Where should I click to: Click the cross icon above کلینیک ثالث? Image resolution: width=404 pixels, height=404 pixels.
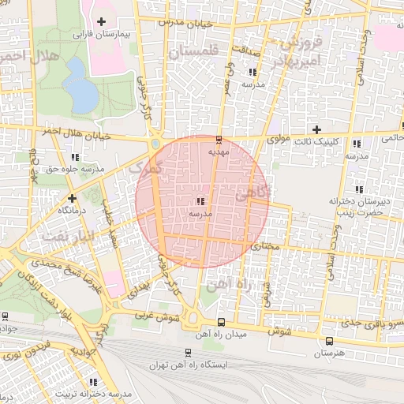(x=316, y=129)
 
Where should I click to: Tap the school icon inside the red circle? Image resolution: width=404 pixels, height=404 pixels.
(x=198, y=202)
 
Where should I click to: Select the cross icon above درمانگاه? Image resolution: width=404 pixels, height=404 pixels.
(x=72, y=198)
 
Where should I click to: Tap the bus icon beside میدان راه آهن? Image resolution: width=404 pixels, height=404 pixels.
(x=221, y=322)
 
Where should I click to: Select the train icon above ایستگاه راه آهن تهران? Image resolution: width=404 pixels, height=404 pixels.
(x=188, y=353)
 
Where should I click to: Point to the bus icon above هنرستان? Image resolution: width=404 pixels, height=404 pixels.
(x=329, y=341)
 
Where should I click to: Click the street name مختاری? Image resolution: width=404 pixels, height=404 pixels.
(x=266, y=247)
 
